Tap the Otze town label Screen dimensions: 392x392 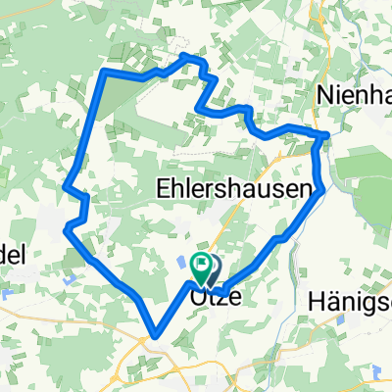210,293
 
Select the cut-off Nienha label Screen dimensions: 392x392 356,94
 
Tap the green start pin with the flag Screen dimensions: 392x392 201,264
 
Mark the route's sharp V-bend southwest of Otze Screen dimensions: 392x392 152,334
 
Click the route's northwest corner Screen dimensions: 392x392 104,73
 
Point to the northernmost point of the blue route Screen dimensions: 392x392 189,59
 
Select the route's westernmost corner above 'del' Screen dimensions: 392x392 66,228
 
